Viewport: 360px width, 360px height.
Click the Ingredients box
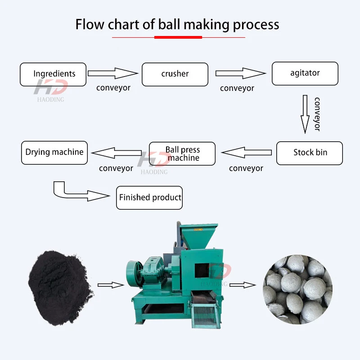[53, 74]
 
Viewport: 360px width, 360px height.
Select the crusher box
[175, 74]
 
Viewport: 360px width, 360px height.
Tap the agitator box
[305, 73]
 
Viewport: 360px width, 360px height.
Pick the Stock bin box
[310, 153]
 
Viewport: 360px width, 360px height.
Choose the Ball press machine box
[182, 153]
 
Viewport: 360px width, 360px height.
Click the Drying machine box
[54, 153]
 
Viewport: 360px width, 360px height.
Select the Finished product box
[149, 198]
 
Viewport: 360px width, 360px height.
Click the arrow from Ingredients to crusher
[112, 73]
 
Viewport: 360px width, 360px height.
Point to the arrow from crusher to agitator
[241, 73]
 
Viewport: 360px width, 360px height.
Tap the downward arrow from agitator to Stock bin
[305, 114]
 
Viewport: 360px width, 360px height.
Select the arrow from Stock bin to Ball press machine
[247, 153]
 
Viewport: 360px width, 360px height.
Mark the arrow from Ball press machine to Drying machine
[116, 153]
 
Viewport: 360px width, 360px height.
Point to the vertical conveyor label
[317, 114]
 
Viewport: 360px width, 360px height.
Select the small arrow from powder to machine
[111, 284]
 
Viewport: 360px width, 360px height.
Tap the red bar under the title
[171, 37]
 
